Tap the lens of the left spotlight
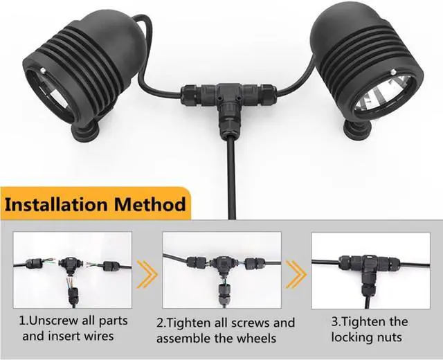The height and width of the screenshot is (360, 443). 53,91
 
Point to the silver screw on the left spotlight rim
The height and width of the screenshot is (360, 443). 42,70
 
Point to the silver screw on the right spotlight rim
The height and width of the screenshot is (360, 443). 393,72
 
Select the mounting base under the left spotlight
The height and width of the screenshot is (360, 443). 84,132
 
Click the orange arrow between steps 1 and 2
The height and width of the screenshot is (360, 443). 147,274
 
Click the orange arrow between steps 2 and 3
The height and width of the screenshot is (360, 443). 296,274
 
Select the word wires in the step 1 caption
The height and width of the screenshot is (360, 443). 99,336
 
